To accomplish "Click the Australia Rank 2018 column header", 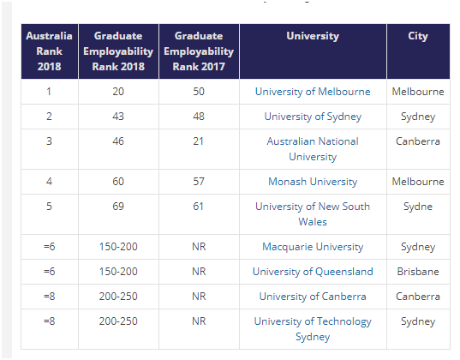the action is pyautogui.click(x=50, y=51).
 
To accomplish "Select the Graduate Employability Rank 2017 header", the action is pyautogui.click(x=199, y=51).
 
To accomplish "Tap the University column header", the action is pyautogui.click(x=313, y=36).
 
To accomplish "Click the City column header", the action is pyautogui.click(x=418, y=36).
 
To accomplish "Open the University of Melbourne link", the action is pyautogui.click(x=313, y=92).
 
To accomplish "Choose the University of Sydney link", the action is pyautogui.click(x=313, y=117).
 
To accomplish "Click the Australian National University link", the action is pyautogui.click(x=313, y=149).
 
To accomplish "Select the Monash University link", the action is pyautogui.click(x=313, y=182).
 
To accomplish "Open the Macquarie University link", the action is pyautogui.click(x=313, y=247).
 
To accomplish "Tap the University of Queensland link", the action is pyautogui.click(x=313, y=272).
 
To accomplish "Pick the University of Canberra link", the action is pyautogui.click(x=313, y=297).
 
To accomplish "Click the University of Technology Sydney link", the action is pyautogui.click(x=313, y=329).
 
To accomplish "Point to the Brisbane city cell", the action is pyautogui.click(x=418, y=272).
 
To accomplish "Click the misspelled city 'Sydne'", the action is pyautogui.click(x=418, y=207).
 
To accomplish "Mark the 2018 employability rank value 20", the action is pyautogui.click(x=118, y=92).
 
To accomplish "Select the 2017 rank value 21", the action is pyautogui.click(x=199, y=141).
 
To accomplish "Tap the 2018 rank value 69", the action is pyautogui.click(x=118, y=207).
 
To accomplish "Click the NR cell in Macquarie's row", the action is pyautogui.click(x=199, y=247).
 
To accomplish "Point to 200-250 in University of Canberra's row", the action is pyautogui.click(x=118, y=297).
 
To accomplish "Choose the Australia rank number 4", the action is pyautogui.click(x=49, y=182).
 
